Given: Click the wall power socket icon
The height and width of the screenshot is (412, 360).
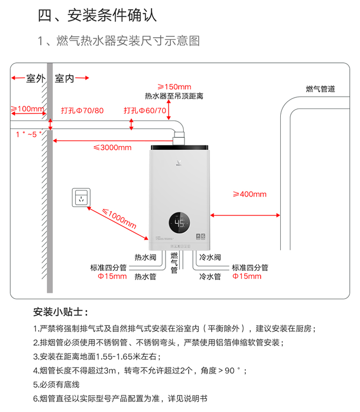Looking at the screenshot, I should coord(81,198).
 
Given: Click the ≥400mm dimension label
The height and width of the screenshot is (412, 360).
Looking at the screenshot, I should coord(249,194).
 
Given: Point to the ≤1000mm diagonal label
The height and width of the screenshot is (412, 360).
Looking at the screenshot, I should coord(120,217).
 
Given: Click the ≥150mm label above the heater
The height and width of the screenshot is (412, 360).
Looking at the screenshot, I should coord(174,86).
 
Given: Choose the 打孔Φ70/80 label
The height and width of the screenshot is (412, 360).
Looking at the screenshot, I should coord(82,110).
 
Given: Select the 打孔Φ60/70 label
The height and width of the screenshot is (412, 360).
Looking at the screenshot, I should coord(145,110).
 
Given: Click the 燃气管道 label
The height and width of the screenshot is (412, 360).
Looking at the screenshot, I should coord(320,89).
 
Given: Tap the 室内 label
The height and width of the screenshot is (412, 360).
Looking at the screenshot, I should coord(64,78).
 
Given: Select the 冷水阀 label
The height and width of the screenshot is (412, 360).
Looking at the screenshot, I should coord(210,257).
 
